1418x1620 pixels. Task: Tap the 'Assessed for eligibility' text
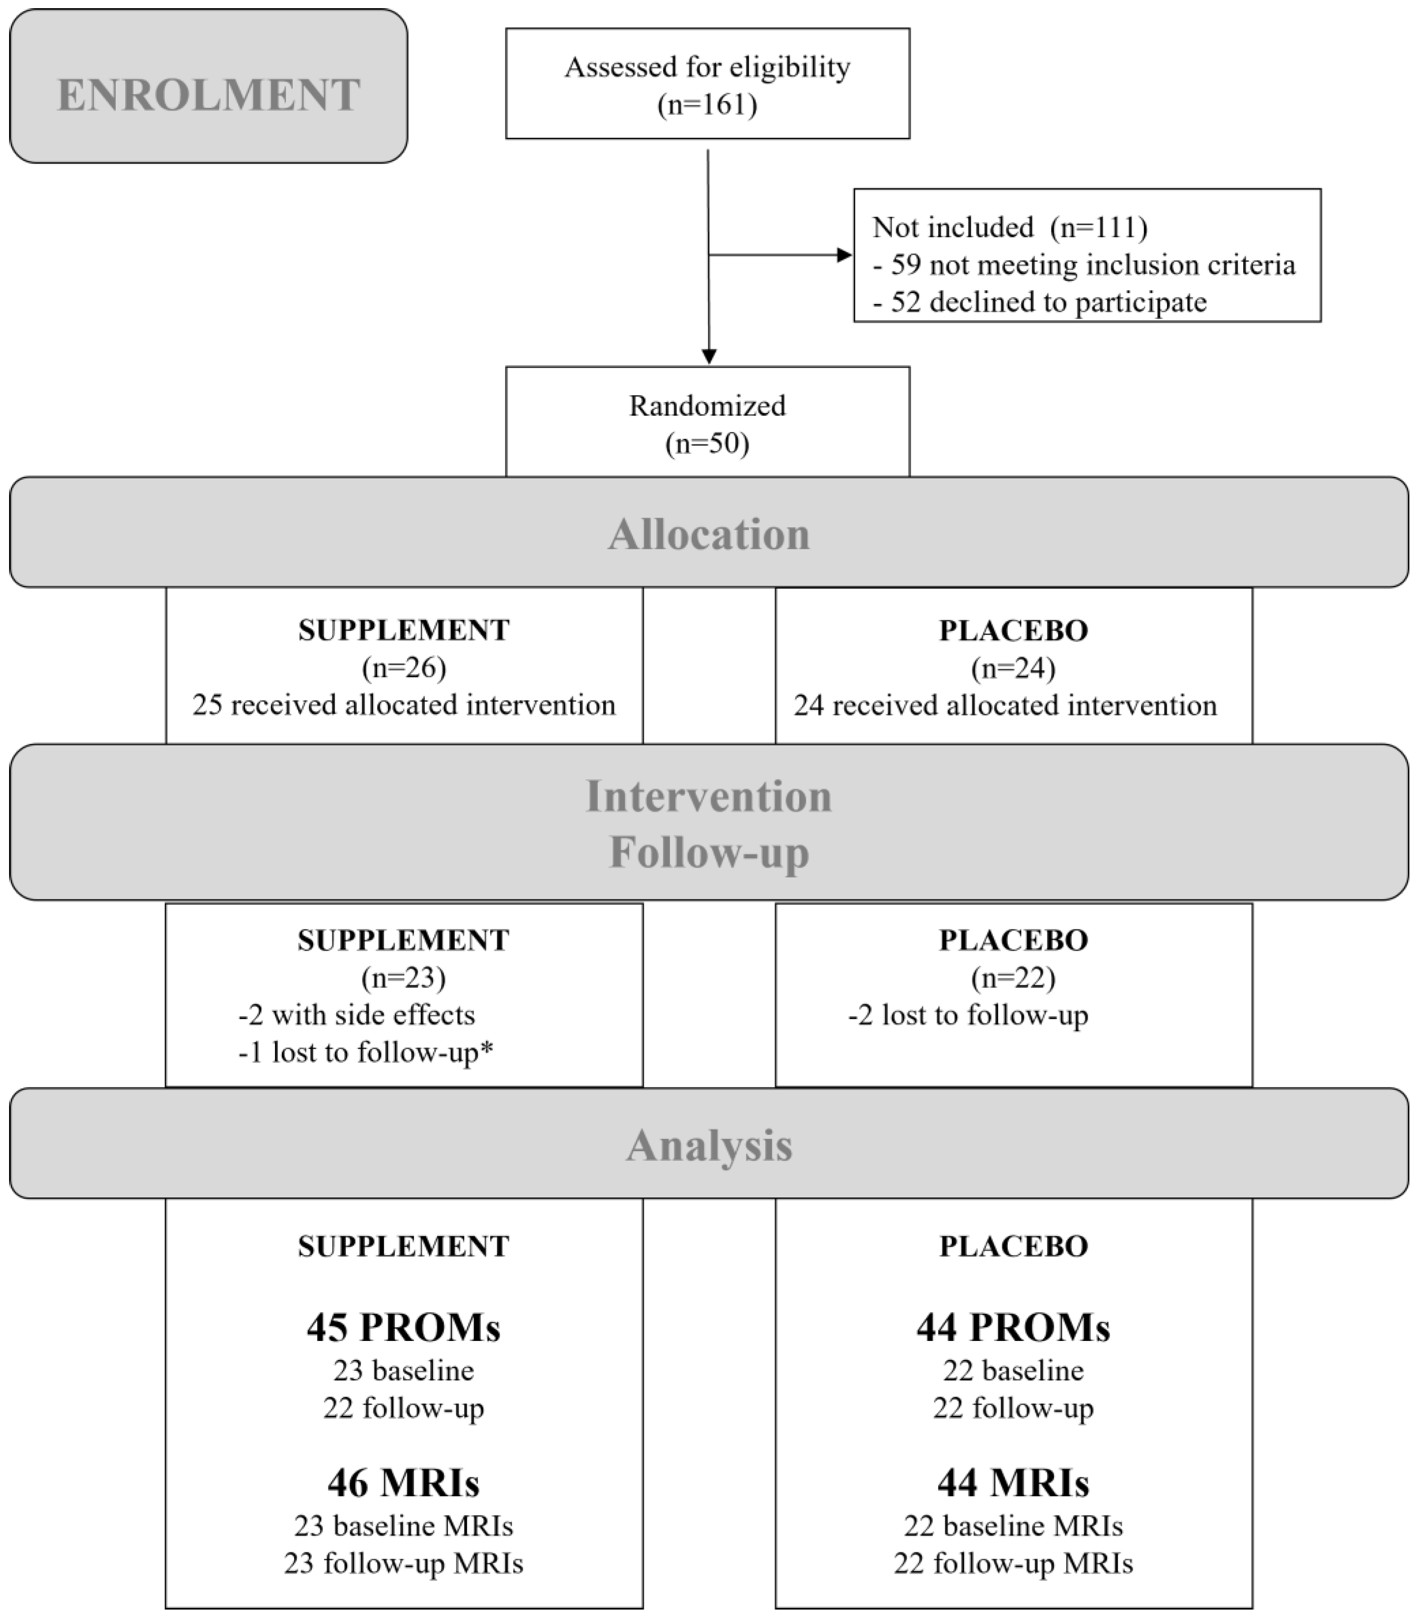pyautogui.click(x=707, y=67)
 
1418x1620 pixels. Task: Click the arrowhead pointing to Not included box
pyautogui.click(x=844, y=255)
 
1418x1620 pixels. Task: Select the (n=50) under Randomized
pyautogui.click(x=707, y=443)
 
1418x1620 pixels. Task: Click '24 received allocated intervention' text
pyautogui.click(x=1005, y=705)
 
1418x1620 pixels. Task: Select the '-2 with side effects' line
pyautogui.click(x=357, y=1016)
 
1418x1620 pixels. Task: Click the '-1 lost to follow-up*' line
pyautogui.click(x=366, y=1053)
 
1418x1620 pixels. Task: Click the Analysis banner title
pyautogui.click(x=709, y=1145)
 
